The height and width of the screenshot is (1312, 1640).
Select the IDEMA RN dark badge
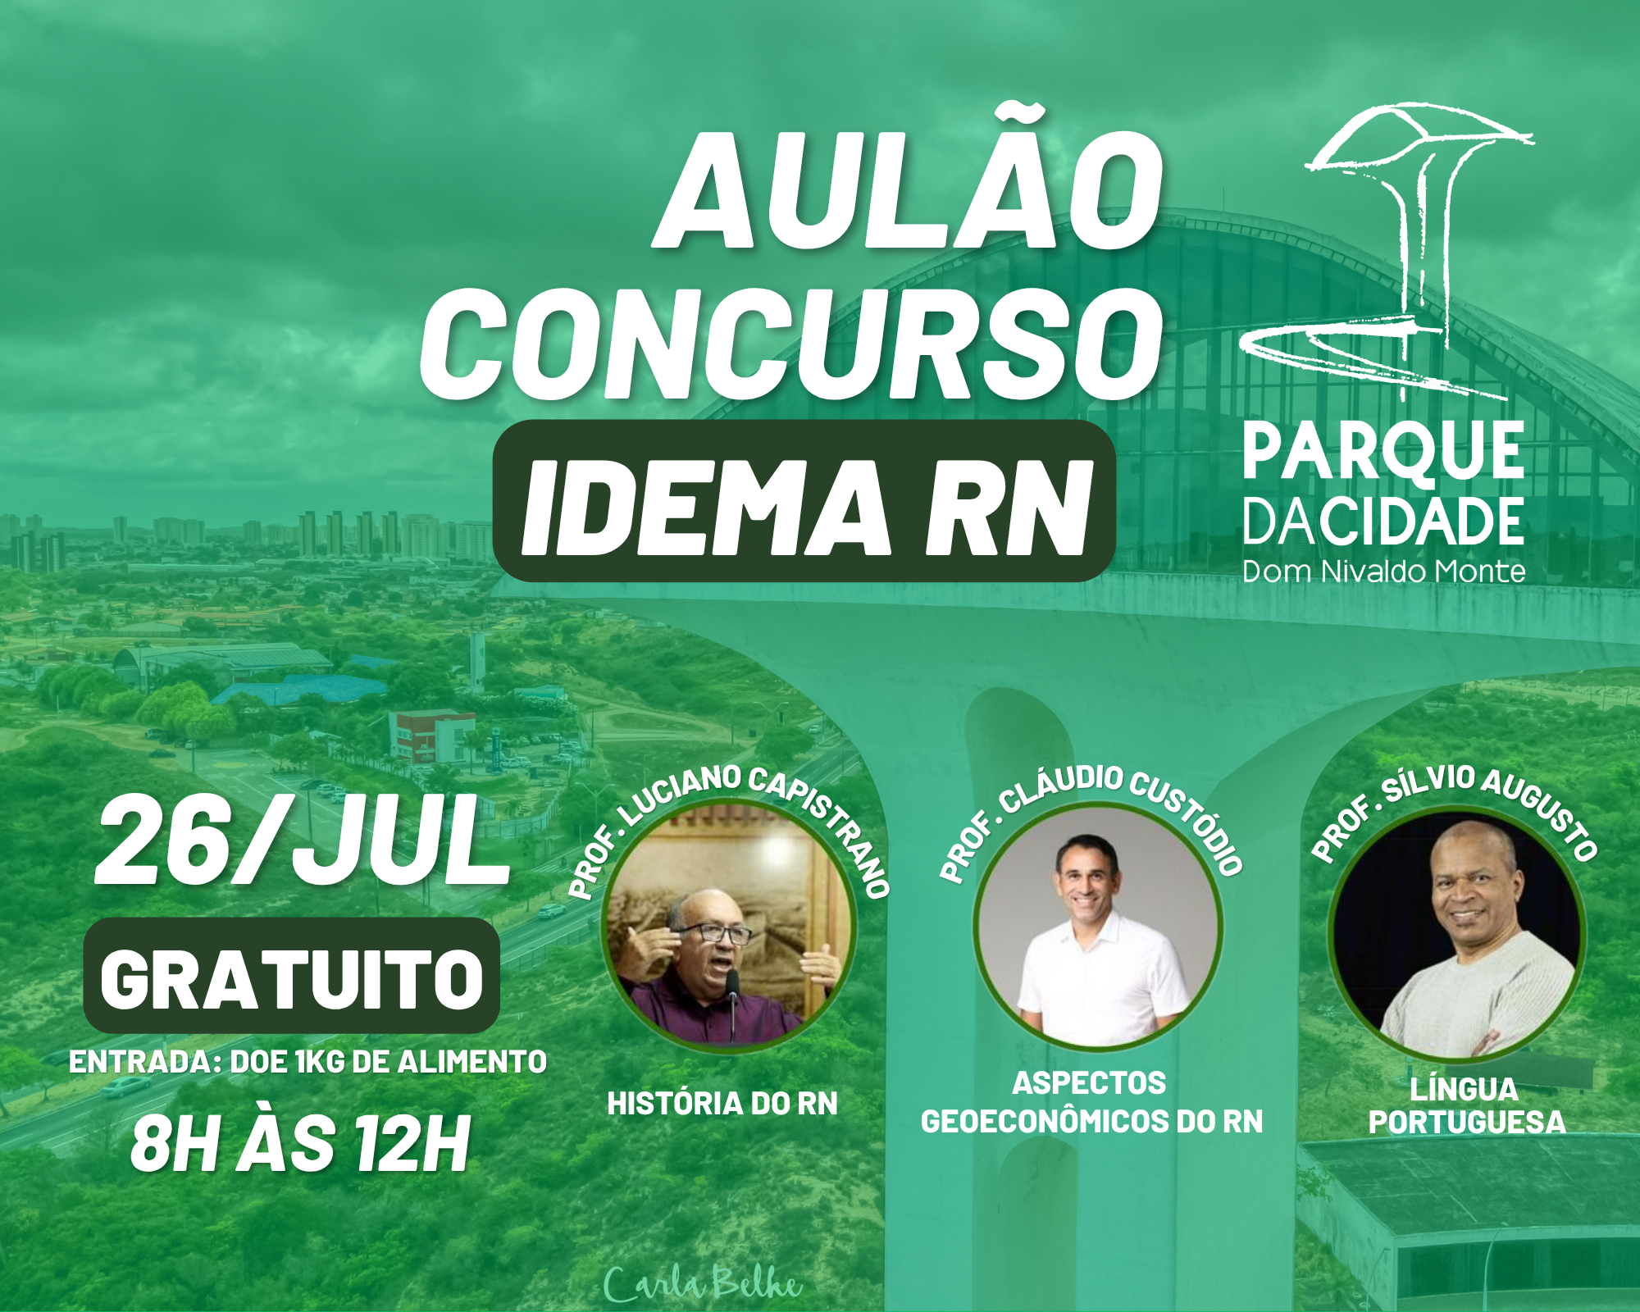[804, 501]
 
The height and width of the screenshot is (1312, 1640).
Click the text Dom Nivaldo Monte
[1383, 572]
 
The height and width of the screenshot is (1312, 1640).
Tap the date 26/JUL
[302, 842]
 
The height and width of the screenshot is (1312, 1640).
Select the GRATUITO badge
[292, 976]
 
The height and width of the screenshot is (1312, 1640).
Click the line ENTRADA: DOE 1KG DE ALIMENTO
[307, 1062]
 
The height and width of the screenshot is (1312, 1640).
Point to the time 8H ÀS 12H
[300, 1143]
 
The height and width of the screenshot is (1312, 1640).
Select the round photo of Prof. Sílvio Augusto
[1456, 933]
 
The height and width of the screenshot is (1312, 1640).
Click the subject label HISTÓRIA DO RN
[722, 1104]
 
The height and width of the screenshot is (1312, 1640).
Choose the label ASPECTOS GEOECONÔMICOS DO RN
[1091, 1102]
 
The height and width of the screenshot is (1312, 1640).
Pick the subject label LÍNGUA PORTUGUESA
[1466, 1105]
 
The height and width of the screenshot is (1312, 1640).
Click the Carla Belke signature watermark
[702, 1283]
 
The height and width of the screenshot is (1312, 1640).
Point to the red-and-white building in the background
[431, 735]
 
